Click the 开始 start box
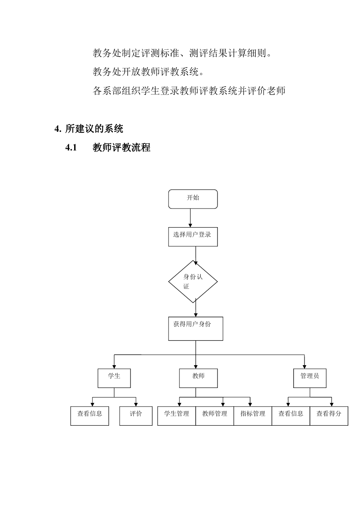click(x=193, y=199)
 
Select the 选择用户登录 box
click(x=193, y=237)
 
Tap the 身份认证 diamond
click(x=193, y=281)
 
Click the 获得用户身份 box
click(x=196, y=329)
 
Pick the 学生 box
click(x=114, y=378)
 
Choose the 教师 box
click(x=198, y=378)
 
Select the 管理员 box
click(x=310, y=378)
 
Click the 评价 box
click(x=136, y=416)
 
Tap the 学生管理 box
click(x=176, y=416)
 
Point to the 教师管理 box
click(x=215, y=416)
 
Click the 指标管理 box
click(x=253, y=416)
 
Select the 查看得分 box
click(x=329, y=416)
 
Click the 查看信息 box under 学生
click(x=90, y=416)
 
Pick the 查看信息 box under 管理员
click(x=291, y=416)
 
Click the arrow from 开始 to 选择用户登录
click(x=190, y=218)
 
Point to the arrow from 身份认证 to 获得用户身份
click(x=196, y=308)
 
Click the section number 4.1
click(x=71, y=148)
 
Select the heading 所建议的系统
click(x=94, y=129)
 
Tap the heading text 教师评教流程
click(x=121, y=148)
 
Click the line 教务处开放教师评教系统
click(x=148, y=72)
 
